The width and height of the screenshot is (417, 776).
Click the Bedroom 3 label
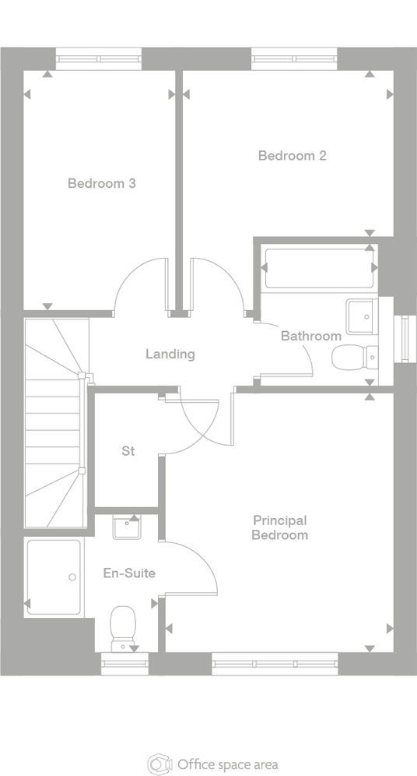102,184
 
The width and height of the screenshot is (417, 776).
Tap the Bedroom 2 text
292,156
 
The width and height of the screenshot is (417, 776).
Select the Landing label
170,354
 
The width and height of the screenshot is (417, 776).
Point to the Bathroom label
310,336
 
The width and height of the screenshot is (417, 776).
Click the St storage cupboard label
128,451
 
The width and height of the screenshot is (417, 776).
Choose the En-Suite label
129,573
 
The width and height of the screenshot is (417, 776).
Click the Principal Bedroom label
280,527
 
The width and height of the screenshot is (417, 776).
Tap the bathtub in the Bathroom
319,268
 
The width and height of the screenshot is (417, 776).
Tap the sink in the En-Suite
126,527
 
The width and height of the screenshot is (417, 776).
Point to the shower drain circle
72,577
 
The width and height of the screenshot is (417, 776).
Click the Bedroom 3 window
99,59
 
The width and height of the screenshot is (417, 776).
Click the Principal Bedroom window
275,664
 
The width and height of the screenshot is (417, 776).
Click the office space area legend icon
158,764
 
